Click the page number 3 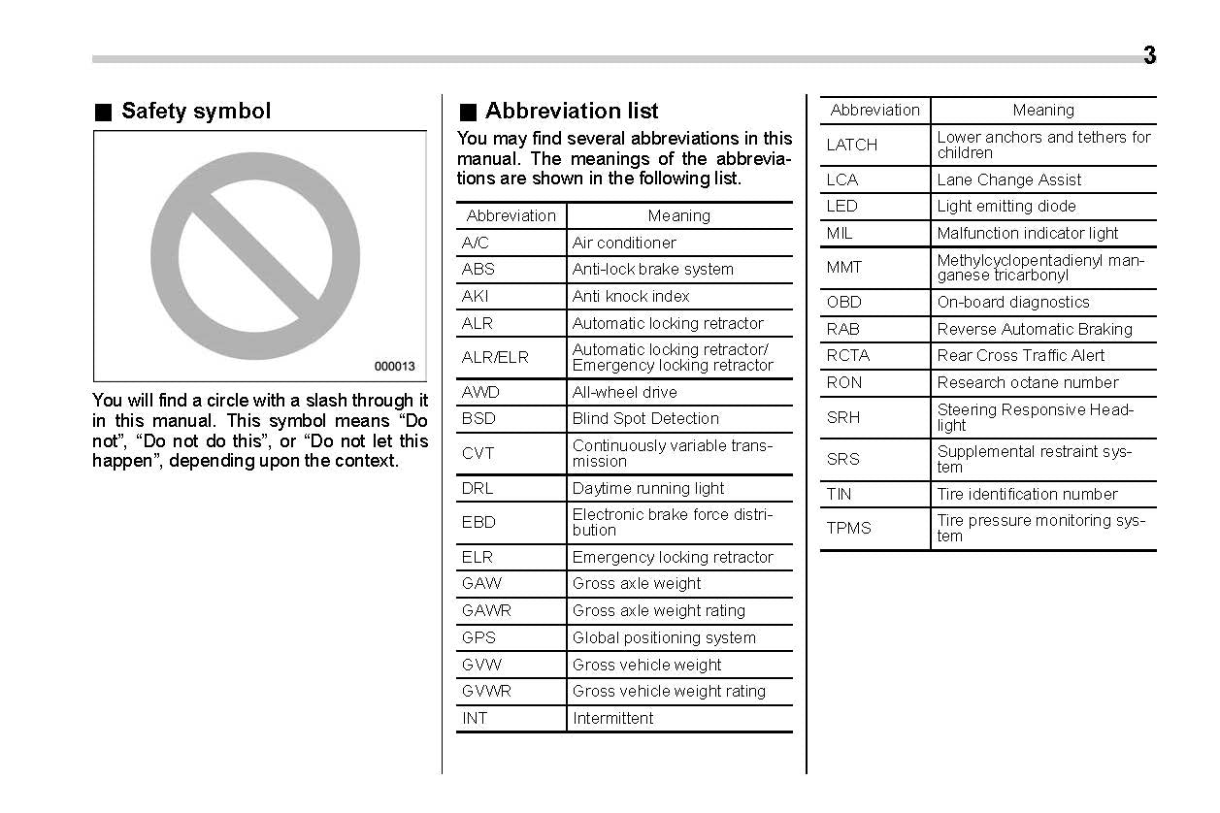[x=1149, y=56]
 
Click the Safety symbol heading [x=195, y=112]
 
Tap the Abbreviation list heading [x=571, y=112]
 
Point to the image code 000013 [x=394, y=367]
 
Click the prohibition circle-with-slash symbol [x=255, y=256]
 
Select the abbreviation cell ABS [x=478, y=270]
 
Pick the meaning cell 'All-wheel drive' [x=625, y=392]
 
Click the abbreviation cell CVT [x=478, y=453]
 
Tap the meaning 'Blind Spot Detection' [x=645, y=419]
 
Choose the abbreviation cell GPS [x=478, y=638]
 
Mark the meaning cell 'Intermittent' [x=613, y=719]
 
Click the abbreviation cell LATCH [x=851, y=146]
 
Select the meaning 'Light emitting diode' [x=1006, y=207]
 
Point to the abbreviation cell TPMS [x=849, y=529]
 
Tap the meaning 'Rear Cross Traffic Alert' [x=1021, y=356]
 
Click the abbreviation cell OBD [x=843, y=303]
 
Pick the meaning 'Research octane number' [x=1028, y=383]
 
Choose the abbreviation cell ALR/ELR [x=495, y=358]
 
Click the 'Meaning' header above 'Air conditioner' [x=679, y=216]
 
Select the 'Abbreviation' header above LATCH [x=875, y=111]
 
